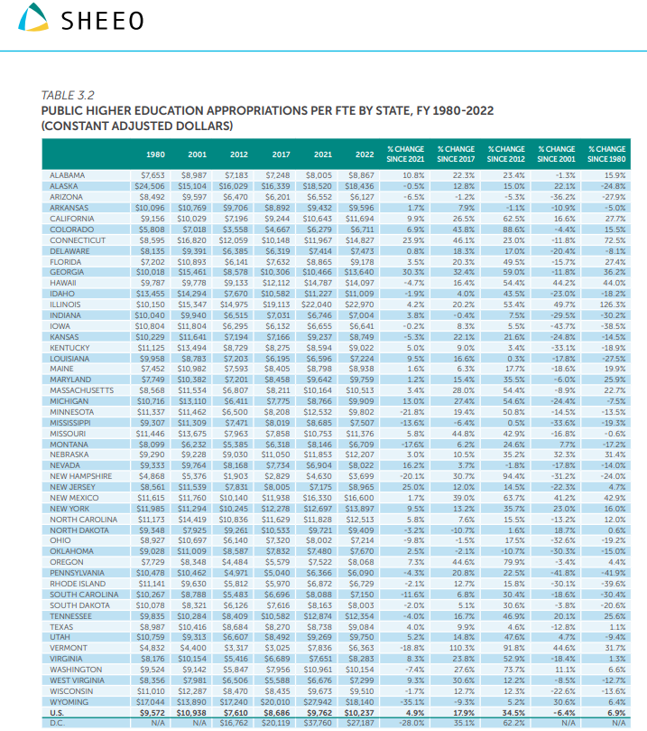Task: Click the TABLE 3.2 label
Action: (68, 94)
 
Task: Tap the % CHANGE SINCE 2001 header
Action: (556, 154)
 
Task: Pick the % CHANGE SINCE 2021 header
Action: (405, 154)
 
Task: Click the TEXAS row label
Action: (60, 626)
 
